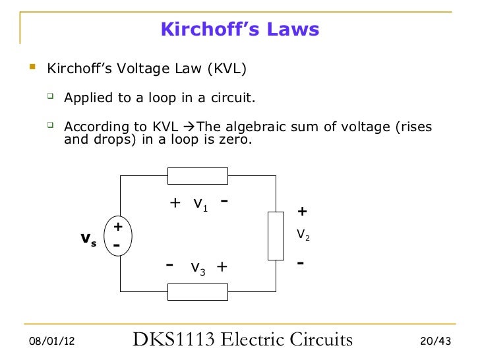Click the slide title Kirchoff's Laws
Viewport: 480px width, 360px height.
240,30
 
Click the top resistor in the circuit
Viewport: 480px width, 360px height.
198,176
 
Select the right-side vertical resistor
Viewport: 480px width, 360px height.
276,235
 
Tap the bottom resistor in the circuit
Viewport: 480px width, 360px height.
198,291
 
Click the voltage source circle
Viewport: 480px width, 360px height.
119,235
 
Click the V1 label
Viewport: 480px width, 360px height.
200,204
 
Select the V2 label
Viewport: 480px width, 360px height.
303,234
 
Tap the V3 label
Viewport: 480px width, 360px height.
199,267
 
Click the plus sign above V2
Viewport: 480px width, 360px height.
302,212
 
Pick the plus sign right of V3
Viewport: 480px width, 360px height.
222,266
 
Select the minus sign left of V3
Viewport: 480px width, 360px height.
170,264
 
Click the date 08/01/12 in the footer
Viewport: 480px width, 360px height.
52,342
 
